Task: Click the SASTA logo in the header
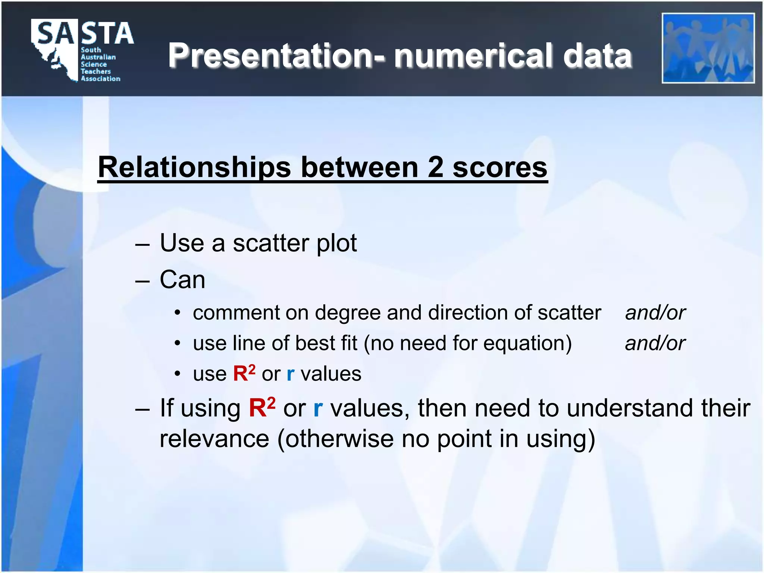(x=82, y=50)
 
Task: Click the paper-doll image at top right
(x=708, y=48)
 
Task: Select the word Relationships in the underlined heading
(x=194, y=168)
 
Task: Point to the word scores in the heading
(x=500, y=168)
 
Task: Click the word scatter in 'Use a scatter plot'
(x=271, y=243)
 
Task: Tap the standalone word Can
(x=182, y=280)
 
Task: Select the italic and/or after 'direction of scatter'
(x=655, y=313)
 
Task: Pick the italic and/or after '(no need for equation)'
(x=655, y=343)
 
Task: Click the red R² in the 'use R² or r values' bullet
(x=244, y=373)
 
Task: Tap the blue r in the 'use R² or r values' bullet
(x=291, y=374)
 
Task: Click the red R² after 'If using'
(x=262, y=407)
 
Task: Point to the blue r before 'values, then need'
(x=318, y=409)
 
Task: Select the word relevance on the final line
(x=214, y=439)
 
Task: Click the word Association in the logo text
(x=101, y=79)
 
